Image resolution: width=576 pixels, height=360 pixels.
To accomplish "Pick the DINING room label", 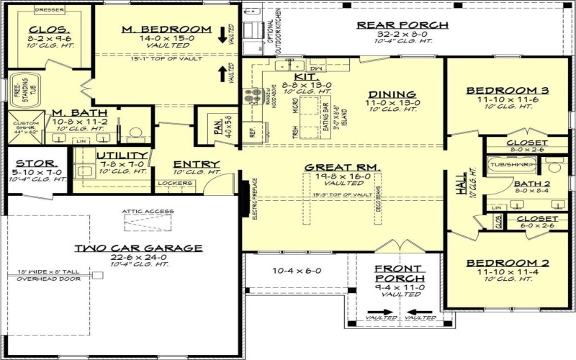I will click(x=392, y=94).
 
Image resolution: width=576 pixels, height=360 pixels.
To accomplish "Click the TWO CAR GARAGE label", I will click(x=138, y=248).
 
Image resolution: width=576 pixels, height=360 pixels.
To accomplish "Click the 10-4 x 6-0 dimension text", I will click(x=296, y=271).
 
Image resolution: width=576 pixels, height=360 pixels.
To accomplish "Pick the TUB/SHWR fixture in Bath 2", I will click(x=510, y=164).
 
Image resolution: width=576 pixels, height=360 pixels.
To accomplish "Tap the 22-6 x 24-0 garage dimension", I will click(x=138, y=257).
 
